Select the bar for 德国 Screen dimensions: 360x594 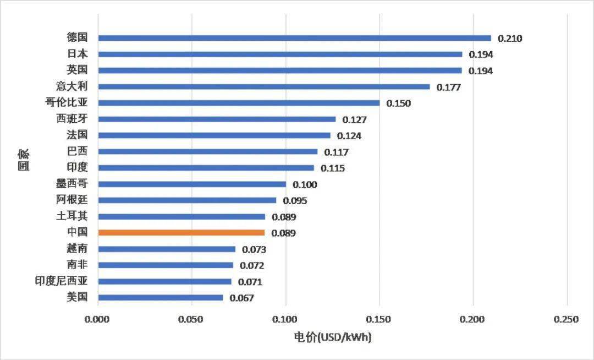click(294, 38)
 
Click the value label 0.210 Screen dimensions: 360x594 click(510, 39)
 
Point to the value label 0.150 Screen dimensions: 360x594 click(398, 103)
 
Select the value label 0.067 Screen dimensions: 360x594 click(242, 298)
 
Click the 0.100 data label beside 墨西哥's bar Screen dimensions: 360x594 click(305, 184)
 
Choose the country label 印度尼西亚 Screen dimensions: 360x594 click(62, 281)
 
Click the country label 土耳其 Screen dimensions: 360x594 click(76, 216)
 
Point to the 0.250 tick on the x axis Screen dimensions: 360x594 click(566, 320)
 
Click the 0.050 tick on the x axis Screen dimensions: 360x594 click(191, 320)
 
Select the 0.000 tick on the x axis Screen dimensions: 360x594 click(98, 320)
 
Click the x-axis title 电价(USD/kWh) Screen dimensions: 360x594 click(333, 337)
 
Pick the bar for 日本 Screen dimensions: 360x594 click(280, 54)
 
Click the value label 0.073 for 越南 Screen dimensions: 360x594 click(254, 249)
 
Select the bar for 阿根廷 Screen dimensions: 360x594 click(187, 200)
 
